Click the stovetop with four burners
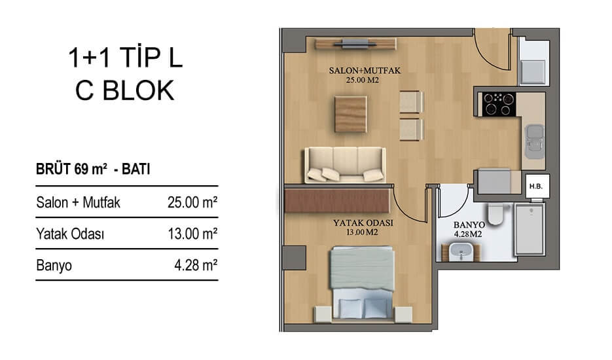[x=499, y=104]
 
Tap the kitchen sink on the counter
[x=535, y=141]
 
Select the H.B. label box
[x=536, y=187]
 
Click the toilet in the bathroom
[x=495, y=214]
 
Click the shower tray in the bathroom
[x=530, y=229]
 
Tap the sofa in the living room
[x=345, y=165]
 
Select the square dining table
[x=350, y=115]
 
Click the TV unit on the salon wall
[x=355, y=44]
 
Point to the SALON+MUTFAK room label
[x=365, y=71]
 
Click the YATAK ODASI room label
[x=363, y=223]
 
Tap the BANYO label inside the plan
[x=469, y=225]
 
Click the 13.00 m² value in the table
[x=192, y=234]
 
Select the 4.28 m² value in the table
[x=196, y=266]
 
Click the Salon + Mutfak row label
[x=78, y=203]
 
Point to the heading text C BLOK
[x=124, y=90]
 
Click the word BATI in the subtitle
[x=136, y=170]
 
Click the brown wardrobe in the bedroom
[x=337, y=201]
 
